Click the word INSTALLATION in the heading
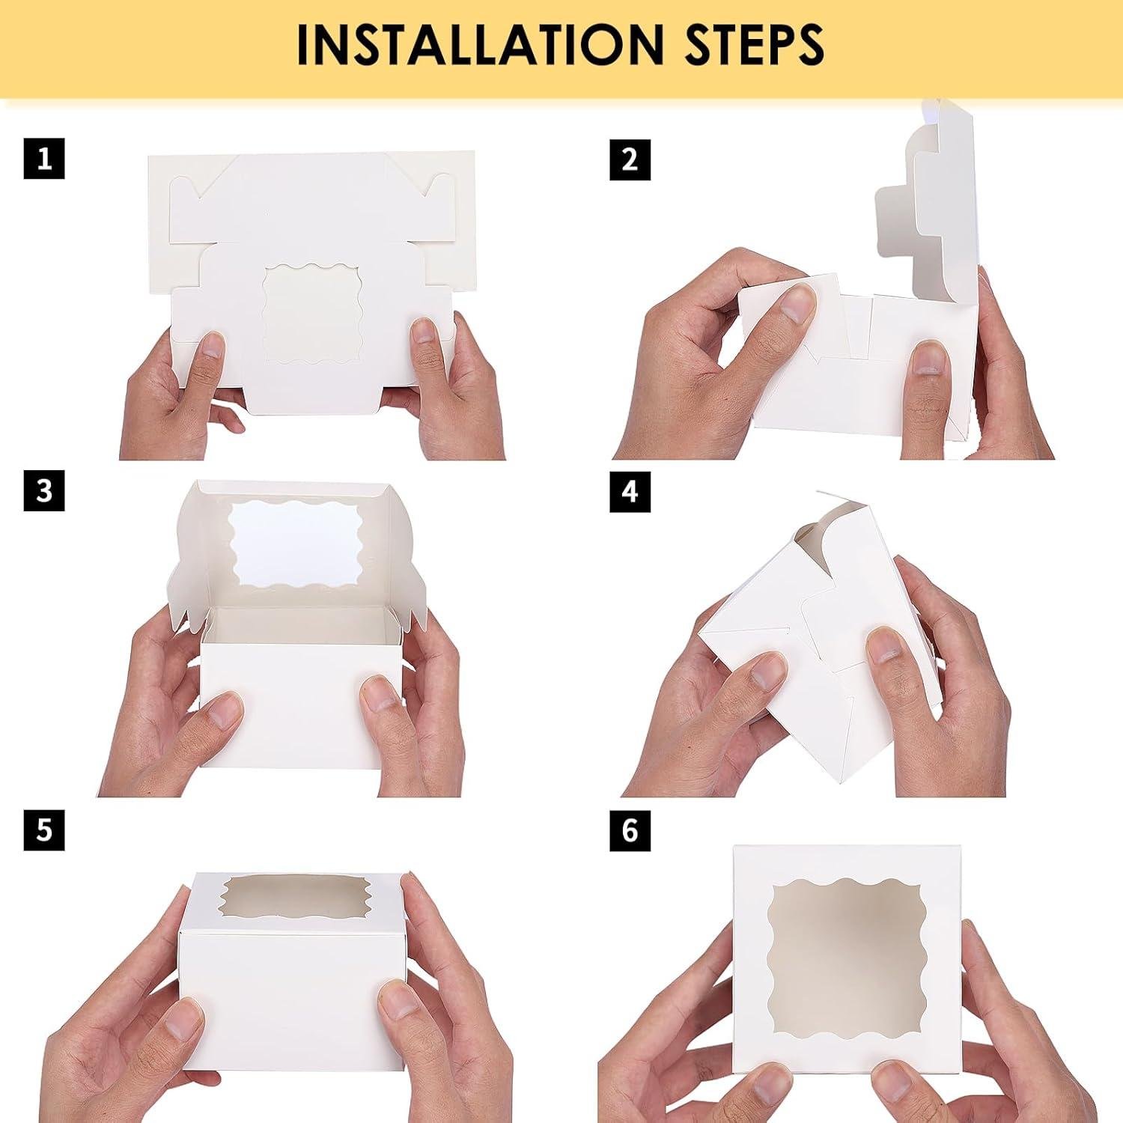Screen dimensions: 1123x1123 pyautogui.click(x=479, y=46)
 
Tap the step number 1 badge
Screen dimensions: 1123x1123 pyautogui.click(x=44, y=159)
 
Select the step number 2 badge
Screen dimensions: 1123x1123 pyautogui.click(x=630, y=159)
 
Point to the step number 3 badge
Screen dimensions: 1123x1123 pyautogui.click(x=44, y=491)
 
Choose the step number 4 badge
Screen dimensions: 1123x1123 pyautogui.click(x=630, y=491)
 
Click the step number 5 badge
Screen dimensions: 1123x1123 pyautogui.click(x=44, y=830)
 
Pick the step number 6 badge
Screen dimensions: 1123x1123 pyautogui.click(x=630, y=830)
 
